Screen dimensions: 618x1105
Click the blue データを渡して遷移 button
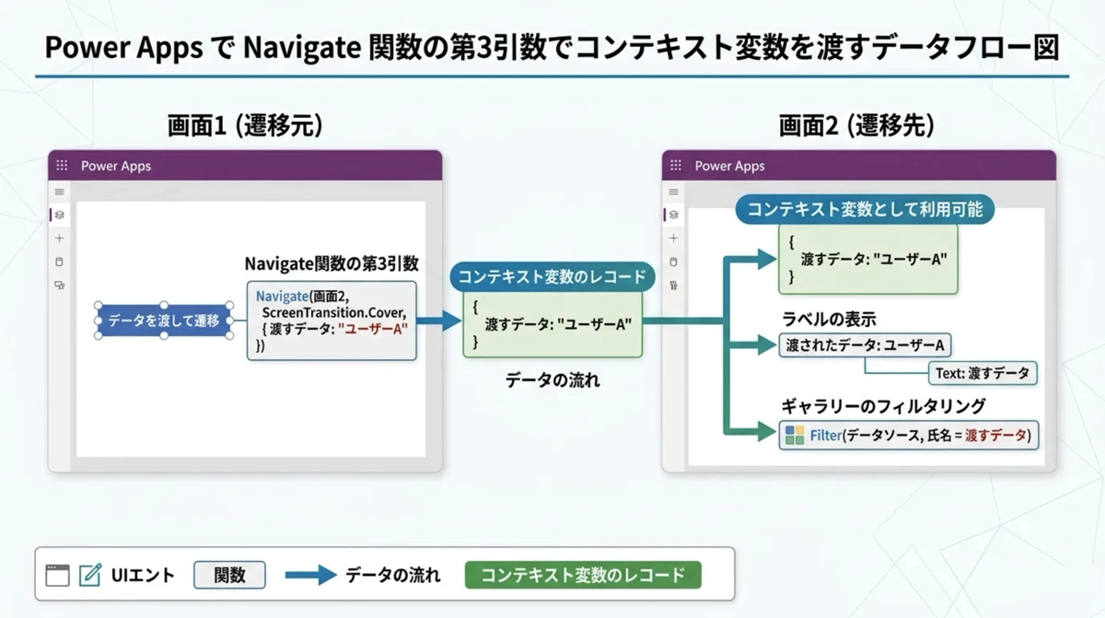click(164, 321)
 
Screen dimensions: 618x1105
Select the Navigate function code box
click(331, 320)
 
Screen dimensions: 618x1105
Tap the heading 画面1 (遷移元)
click(245, 126)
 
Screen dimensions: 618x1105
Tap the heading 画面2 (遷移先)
click(856, 126)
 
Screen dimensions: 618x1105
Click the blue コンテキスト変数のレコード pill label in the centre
click(552, 275)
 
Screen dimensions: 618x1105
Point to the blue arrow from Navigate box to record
click(439, 321)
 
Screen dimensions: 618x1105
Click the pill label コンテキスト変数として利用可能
click(865, 209)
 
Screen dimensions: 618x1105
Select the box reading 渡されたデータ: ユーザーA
click(865, 345)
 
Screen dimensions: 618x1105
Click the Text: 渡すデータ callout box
click(983, 372)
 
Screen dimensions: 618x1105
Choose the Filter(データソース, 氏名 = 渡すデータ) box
click(909, 435)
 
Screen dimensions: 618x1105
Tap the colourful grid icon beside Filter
click(794, 435)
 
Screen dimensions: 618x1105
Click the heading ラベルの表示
click(829, 319)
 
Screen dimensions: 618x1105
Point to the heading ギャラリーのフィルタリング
click(883, 405)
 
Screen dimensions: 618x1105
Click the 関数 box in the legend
click(229, 576)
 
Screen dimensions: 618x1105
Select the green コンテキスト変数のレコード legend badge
click(583, 576)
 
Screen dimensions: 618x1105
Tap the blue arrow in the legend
click(310, 576)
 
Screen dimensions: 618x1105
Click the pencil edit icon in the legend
click(90, 576)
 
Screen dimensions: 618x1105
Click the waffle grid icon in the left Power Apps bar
click(62, 166)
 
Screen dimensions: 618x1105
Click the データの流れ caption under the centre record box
click(552, 379)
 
